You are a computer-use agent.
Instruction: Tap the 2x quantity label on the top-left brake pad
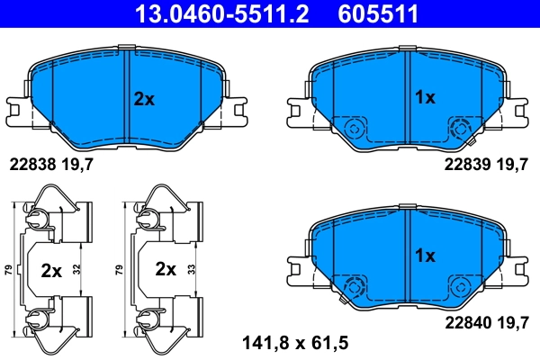click(x=144, y=99)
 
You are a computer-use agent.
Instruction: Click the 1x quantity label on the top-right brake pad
click(x=424, y=96)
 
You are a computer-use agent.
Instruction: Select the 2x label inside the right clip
click(x=165, y=269)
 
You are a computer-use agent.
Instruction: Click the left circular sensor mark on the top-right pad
click(x=355, y=127)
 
